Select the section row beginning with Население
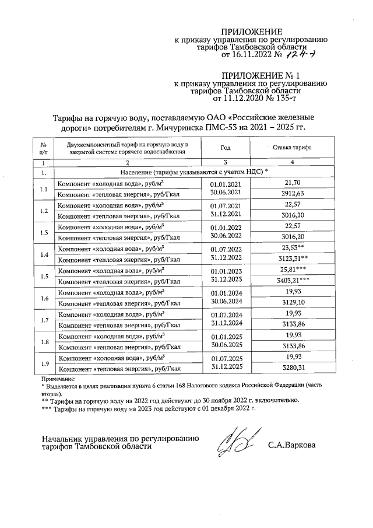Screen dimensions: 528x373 [193, 173]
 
